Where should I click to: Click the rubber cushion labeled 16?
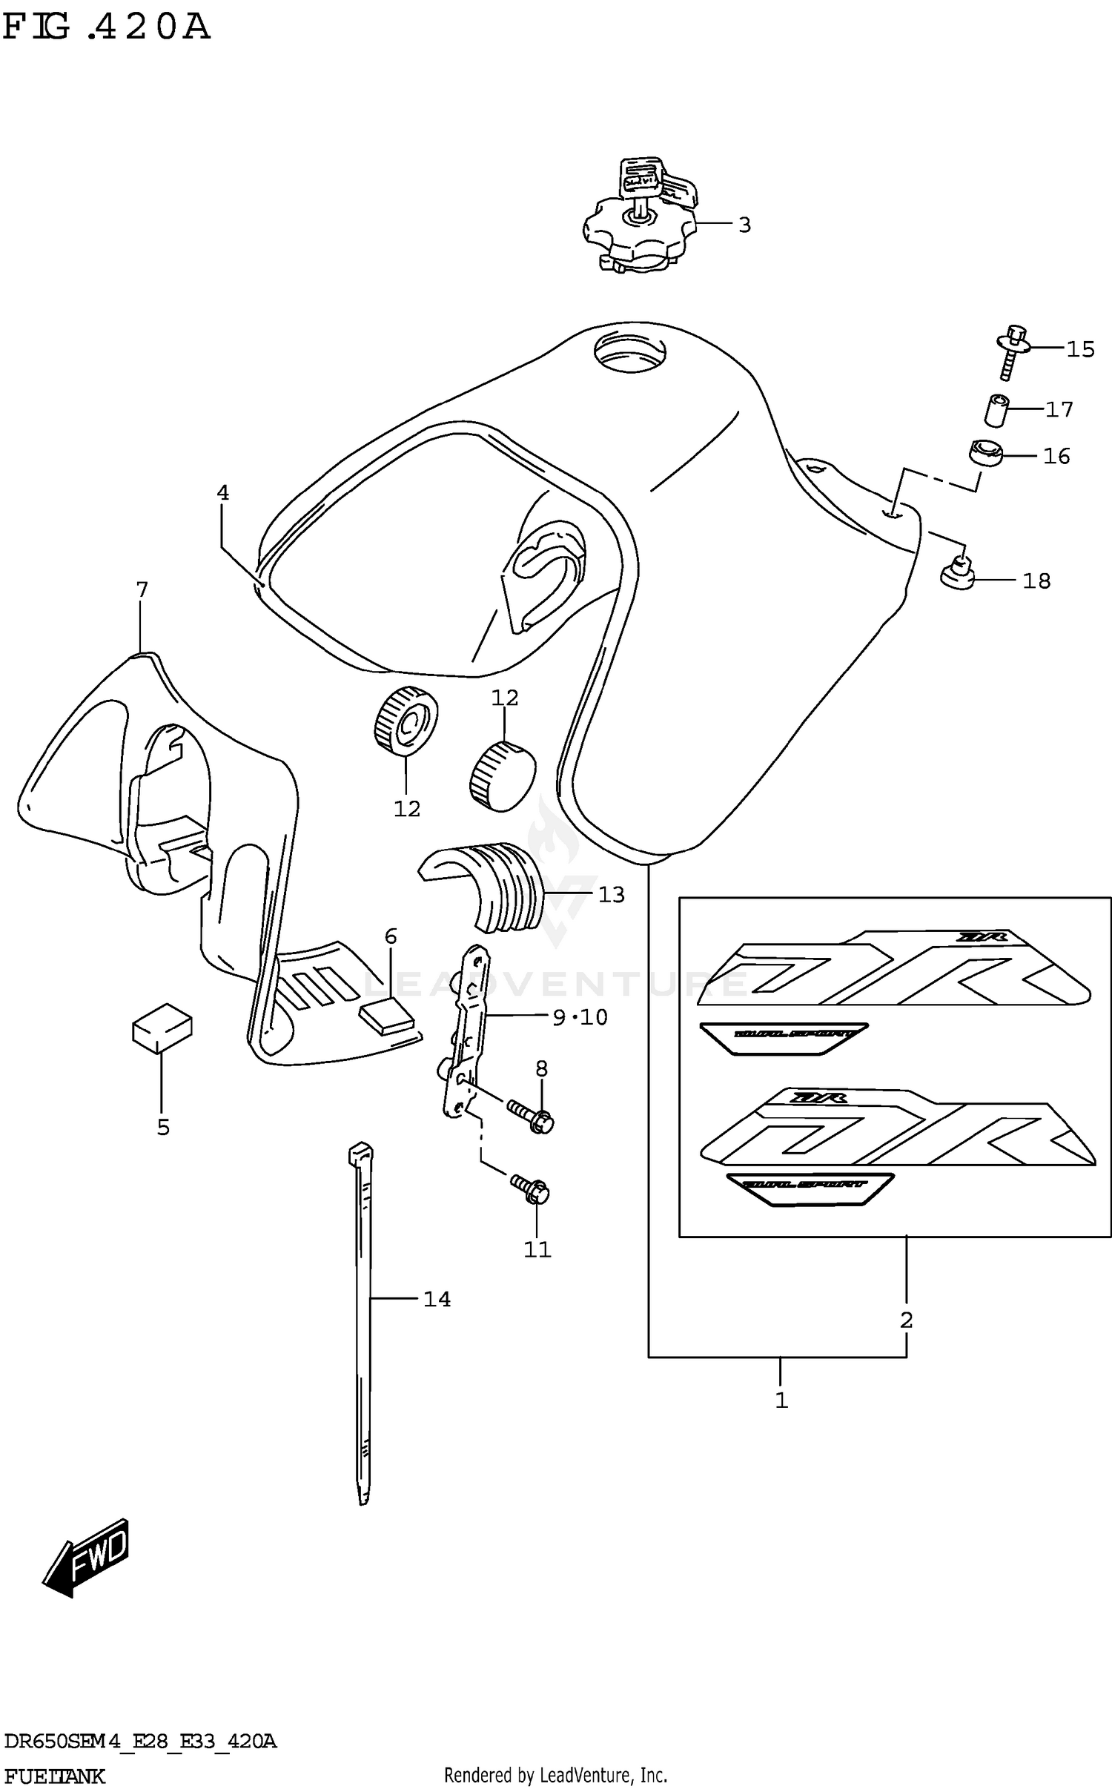pyautogui.click(x=985, y=453)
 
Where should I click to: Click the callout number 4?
pyautogui.click(x=222, y=492)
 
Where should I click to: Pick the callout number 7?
pyautogui.click(x=142, y=590)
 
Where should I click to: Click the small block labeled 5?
pyautogui.click(x=162, y=1027)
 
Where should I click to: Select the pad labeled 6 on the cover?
pyautogui.click(x=385, y=1014)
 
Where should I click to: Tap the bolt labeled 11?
pyautogui.click(x=530, y=1191)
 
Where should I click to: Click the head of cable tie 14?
pyautogui.click(x=360, y=1154)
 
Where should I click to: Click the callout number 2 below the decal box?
pyautogui.click(x=906, y=1320)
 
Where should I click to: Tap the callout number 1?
pyautogui.click(x=781, y=1401)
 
